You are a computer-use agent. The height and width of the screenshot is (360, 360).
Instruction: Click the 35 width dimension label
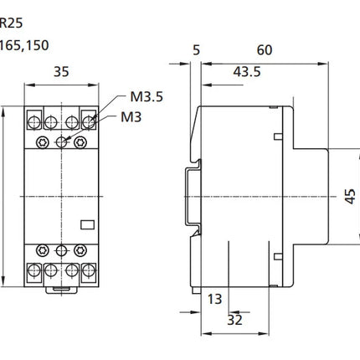[x=61, y=72]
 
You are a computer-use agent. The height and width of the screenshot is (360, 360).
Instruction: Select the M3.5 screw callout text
[x=147, y=97]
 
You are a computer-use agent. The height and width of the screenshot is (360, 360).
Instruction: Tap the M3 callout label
[x=131, y=117]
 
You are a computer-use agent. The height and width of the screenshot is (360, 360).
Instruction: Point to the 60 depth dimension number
[x=265, y=50]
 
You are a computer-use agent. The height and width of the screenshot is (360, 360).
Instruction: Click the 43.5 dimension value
[x=247, y=72]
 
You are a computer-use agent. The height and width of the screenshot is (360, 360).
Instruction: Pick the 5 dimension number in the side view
[x=197, y=50]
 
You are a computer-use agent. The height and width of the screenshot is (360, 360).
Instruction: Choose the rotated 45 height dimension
[x=350, y=197]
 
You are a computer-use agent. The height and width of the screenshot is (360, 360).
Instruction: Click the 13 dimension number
[x=214, y=299]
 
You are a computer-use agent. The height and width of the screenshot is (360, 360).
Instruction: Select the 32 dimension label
[x=234, y=320]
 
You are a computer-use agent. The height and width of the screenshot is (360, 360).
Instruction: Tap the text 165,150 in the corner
[x=24, y=45]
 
